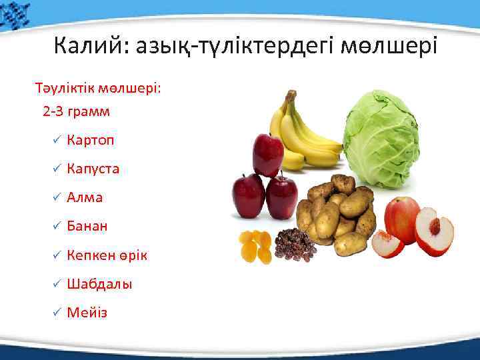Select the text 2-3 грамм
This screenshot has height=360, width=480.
pos(76,111)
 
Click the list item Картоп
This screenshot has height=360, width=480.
pos(91,140)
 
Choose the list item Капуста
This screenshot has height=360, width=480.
pos(93,169)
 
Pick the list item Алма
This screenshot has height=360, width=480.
pos(85,197)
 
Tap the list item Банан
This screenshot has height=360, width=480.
pos(87,226)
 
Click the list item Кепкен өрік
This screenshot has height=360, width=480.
pos(107,255)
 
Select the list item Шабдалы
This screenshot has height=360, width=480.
pos(99,284)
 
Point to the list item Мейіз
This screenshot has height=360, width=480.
pos(86,313)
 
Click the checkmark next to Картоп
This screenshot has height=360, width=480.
pos(57,140)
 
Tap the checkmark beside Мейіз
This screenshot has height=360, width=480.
pos(57,313)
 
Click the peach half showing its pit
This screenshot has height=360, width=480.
pos(434,231)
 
